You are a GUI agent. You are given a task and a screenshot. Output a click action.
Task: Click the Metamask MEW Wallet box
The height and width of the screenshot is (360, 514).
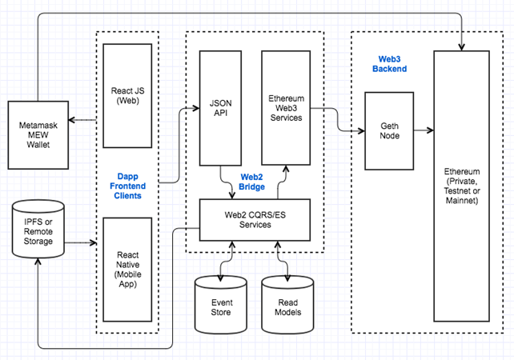tap(38, 135)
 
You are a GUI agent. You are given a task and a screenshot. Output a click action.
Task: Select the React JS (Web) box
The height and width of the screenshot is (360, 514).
tap(127, 96)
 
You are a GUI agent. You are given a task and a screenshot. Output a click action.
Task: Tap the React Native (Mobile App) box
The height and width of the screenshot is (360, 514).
tap(127, 270)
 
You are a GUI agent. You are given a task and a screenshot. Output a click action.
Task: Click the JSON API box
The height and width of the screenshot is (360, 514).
tap(221, 108)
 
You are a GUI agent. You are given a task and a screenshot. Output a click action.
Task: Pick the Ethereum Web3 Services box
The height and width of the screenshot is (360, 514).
tap(286, 108)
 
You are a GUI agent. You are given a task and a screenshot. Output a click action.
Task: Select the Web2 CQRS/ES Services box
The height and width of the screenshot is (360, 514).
tap(255, 220)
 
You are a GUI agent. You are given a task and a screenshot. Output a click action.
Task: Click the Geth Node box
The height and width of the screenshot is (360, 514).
tap(389, 130)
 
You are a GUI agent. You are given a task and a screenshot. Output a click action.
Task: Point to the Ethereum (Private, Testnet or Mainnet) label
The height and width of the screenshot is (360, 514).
tap(462, 186)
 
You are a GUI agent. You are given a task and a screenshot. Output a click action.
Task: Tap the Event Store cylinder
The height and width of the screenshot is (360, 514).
tap(221, 305)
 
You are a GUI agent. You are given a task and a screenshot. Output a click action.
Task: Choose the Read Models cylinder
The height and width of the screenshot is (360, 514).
tap(287, 305)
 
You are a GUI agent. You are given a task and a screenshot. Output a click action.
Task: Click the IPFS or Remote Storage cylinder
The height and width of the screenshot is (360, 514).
tap(38, 229)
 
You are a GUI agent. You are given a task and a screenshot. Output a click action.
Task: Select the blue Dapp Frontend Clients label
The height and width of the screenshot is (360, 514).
tap(127, 186)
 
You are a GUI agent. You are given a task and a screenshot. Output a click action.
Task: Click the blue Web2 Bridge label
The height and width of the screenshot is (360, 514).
tap(251, 182)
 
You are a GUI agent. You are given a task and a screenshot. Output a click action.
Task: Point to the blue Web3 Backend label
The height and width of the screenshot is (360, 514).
tap(389, 64)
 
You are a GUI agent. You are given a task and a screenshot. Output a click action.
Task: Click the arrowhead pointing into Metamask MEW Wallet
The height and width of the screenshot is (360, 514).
tap(72, 120)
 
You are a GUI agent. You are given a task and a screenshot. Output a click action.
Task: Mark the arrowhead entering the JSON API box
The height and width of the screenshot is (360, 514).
tap(195, 108)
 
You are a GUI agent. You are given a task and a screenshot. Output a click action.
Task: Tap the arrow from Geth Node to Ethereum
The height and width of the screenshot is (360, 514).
tap(424, 130)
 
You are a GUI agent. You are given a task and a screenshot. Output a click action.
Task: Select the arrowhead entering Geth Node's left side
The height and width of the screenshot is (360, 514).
tap(361, 130)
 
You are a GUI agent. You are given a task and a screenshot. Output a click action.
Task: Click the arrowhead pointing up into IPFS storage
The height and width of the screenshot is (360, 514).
tap(38, 262)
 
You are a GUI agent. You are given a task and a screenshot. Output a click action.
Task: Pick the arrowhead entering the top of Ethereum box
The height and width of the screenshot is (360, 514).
tap(461, 47)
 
